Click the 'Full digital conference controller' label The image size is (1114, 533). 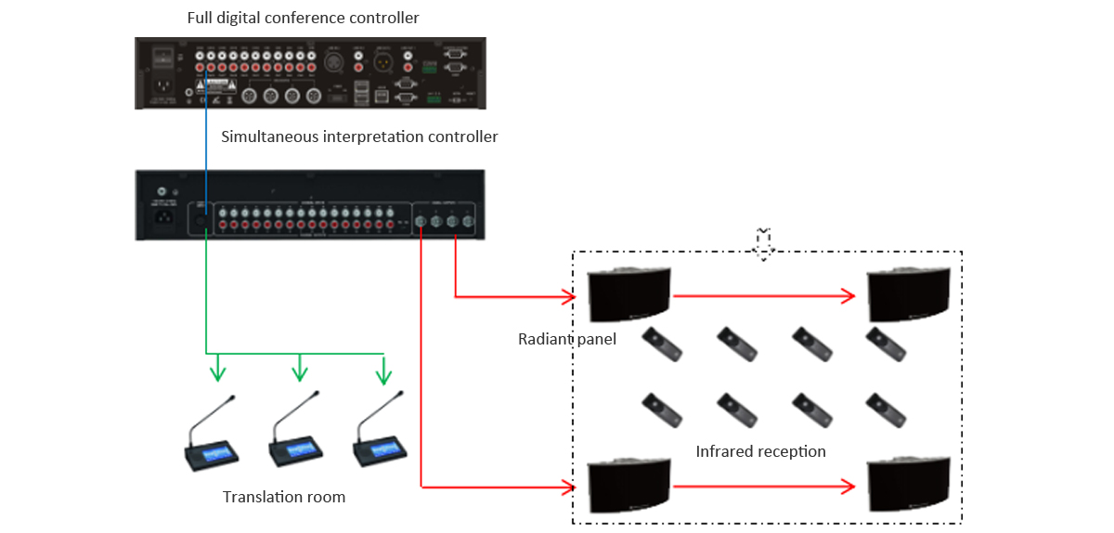pos(303,18)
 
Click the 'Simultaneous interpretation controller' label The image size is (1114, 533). pos(359,136)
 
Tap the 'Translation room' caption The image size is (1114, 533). pos(284,497)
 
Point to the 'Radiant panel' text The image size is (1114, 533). pos(566,339)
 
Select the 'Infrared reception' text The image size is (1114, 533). pos(760,451)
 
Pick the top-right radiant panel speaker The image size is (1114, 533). pos(907,295)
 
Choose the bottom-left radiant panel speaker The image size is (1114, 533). pos(628,487)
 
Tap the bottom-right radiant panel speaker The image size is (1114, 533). pos(907,487)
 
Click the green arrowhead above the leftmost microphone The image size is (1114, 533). pos(217,373)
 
